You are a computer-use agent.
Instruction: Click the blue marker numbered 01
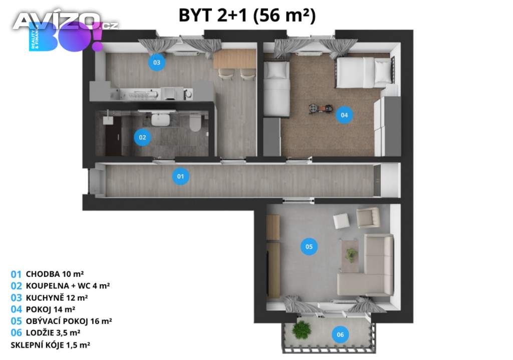pos(180,176)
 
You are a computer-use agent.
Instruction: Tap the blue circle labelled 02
pos(142,137)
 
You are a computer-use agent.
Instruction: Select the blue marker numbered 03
pos(157,62)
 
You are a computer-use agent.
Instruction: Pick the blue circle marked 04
pos(344,115)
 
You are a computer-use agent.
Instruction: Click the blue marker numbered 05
pos(309,246)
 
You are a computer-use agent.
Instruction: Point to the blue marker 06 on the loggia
pos(340,334)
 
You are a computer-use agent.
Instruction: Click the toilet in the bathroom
pos(195,122)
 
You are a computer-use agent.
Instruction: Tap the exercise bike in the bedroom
pos(321,108)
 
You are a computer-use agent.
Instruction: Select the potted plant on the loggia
pos(301,329)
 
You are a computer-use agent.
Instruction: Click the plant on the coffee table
pos(351,255)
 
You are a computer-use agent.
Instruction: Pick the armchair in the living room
pos(368,217)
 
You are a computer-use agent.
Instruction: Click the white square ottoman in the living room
pos(341,221)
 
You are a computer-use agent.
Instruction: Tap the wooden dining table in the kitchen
pos(234,59)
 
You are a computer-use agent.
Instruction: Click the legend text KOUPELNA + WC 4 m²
pos(68,286)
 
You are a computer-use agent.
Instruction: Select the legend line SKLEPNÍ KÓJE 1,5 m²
pos(51,345)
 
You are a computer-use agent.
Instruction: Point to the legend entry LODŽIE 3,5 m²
pos(53,333)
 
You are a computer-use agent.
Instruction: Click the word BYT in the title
pos(195,16)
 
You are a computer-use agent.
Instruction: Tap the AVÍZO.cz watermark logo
pos(66,22)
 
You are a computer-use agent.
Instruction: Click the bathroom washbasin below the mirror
pos(160,119)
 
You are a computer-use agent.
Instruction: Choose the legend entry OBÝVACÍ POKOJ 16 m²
pos(69,321)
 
